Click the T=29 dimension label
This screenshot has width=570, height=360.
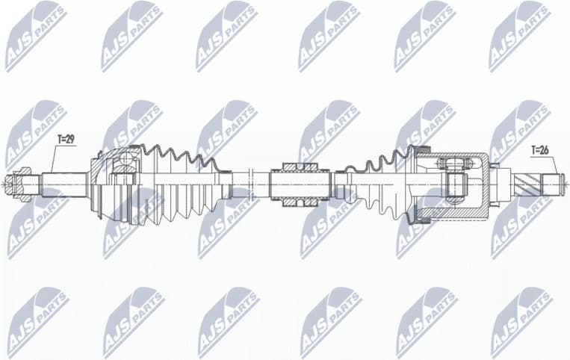point(66,139)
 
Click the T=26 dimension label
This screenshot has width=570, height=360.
point(539,150)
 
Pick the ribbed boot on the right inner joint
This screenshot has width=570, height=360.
point(381,184)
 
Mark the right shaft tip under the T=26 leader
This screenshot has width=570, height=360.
point(554,182)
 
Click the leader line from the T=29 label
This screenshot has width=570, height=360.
point(54,157)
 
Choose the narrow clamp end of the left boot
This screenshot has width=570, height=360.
point(226,184)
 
